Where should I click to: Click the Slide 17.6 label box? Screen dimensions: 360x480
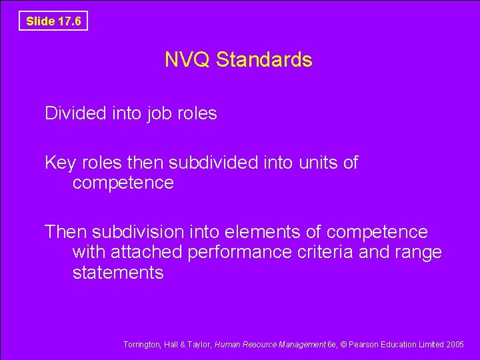[53, 21]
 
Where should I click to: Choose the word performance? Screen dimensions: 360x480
[239, 253]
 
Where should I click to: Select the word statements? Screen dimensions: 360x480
[118, 273]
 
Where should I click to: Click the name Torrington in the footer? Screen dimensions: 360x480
[142, 345]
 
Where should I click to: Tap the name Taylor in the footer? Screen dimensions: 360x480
[197, 345]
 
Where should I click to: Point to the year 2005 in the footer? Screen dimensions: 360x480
[455, 345]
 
